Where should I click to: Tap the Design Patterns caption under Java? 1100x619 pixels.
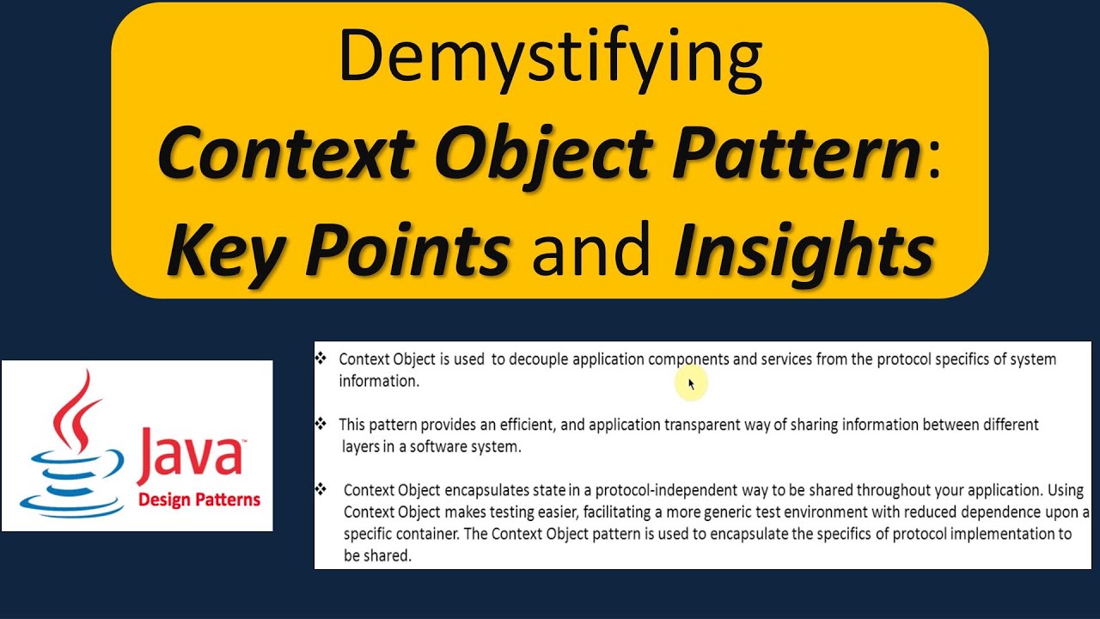pyautogui.click(x=199, y=499)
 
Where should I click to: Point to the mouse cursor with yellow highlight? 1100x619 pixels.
pyautogui.click(x=692, y=384)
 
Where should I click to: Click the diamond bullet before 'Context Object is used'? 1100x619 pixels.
pyautogui.click(x=321, y=358)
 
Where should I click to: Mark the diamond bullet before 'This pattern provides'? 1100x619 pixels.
pyautogui.click(x=321, y=424)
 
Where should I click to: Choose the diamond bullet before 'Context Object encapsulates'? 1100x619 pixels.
pyautogui.click(x=321, y=489)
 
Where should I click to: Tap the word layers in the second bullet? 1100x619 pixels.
pyautogui.click(x=360, y=447)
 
